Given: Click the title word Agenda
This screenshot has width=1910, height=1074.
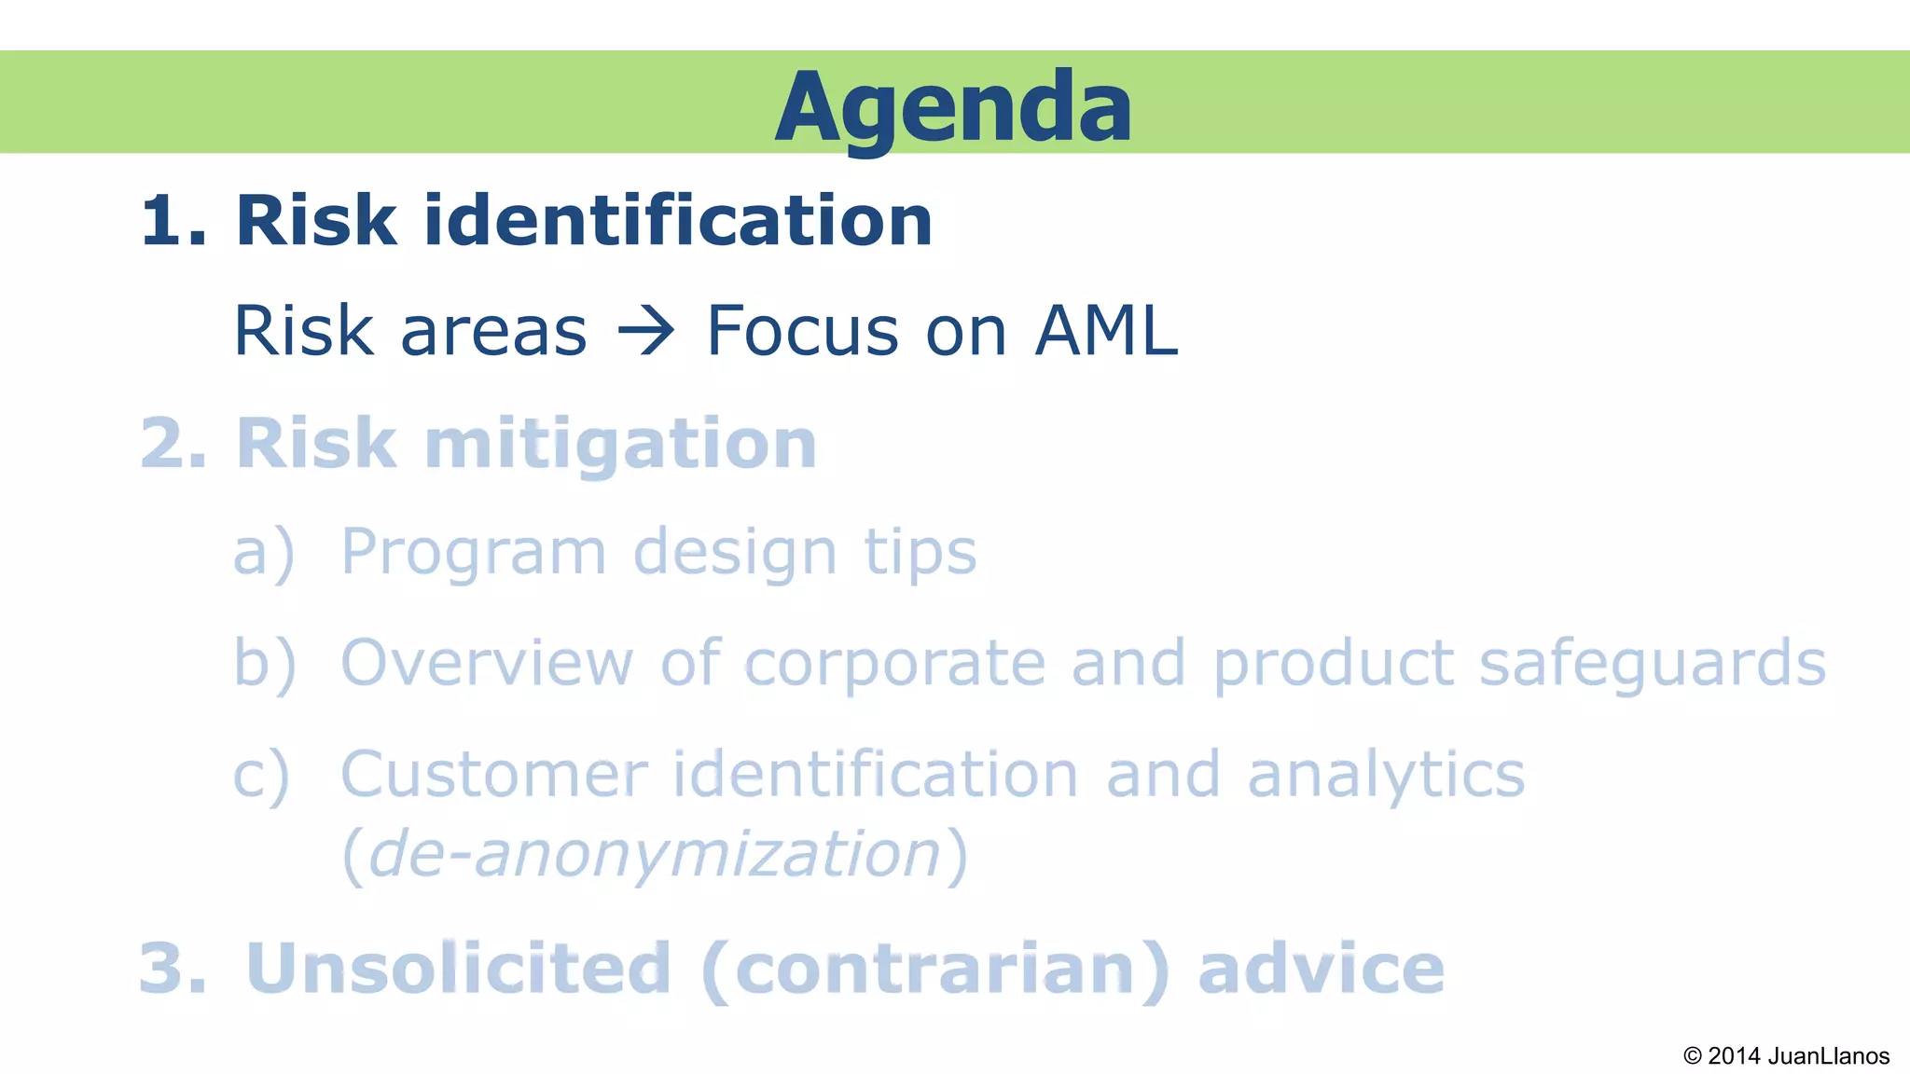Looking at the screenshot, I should click(x=953, y=107).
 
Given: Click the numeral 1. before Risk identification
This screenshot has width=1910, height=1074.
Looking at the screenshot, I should click(x=173, y=222).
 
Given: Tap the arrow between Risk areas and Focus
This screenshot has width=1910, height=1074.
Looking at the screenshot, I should click(x=645, y=331).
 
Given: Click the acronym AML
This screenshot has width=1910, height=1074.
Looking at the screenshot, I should click(x=1106, y=331).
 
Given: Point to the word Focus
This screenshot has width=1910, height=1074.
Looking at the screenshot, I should click(x=803, y=331).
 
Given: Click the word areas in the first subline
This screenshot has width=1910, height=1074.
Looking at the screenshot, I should click(x=493, y=332).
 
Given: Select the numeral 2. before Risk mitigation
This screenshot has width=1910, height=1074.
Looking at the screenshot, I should click(x=173, y=444).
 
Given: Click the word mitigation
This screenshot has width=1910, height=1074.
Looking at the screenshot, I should click(x=620, y=444).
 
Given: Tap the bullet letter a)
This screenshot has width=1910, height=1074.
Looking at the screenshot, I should click(x=263, y=552).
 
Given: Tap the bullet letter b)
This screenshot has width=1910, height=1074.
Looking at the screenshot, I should click(x=264, y=663).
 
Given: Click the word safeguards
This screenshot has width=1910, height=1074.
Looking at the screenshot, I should click(x=1653, y=665).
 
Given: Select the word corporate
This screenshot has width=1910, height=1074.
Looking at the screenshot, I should click(x=894, y=665).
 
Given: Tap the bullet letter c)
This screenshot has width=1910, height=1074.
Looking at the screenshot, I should click(x=262, y=775).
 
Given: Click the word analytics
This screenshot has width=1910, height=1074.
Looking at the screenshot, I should click(x=1386, y=776).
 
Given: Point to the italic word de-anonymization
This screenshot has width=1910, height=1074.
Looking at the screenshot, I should click(x=655, y=854).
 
